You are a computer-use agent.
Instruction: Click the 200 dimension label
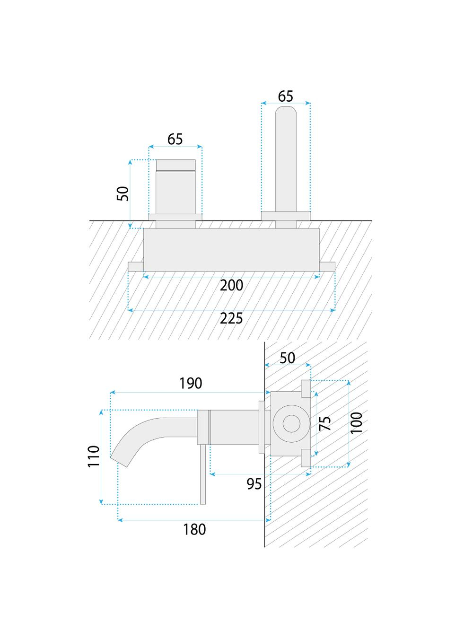point(231,285)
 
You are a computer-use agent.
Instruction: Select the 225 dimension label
point(231,318)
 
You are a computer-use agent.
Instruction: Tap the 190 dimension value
point(191,383)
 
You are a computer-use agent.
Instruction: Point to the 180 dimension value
point(194,529)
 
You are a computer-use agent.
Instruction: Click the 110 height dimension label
point(94,456)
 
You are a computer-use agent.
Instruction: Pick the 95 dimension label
point(254,484)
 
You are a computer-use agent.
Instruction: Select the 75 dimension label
point(324,423)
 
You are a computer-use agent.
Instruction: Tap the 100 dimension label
point(357,422)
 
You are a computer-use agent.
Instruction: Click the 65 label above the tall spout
point(285,96)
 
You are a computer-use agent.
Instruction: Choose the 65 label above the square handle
point(175,139)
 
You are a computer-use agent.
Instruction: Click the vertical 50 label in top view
point(123,193)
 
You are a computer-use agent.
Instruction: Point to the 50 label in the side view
point(287,358)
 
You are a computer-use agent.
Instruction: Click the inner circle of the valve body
point(289,423)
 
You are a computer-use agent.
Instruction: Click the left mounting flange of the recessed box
point(136,266)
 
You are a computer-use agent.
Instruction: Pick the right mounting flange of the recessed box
point(327,266)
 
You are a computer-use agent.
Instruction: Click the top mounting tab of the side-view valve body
point(306,386)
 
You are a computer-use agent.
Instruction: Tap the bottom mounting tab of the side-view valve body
point(306,458)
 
